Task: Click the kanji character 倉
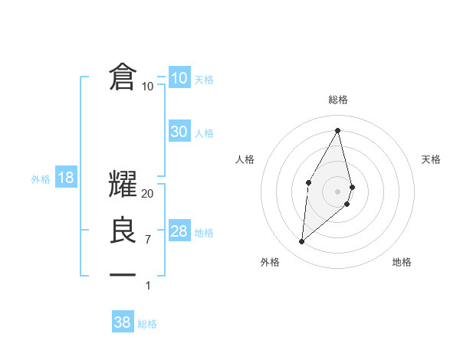coord(123,78)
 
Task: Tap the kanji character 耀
coord(123,185)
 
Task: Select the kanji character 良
coord(123,231)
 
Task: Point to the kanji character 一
coord(123,274)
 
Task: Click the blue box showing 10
coord(179,78)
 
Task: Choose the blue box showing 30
coord(179,132)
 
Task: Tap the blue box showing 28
coord(179,231)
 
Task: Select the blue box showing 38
coord(123,322)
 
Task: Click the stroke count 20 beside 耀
coord(148,194)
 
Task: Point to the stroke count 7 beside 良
coord(148,240)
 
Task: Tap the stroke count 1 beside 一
coord(148,286)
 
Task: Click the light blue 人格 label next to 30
coord(204,133)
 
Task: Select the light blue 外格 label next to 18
coord(41,179)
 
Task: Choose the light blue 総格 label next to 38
coord(147,324)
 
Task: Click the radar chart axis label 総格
coord(338,100)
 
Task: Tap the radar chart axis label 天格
coord(432,159)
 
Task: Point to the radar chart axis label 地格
coord(402,263)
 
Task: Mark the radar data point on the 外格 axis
coord(301,242)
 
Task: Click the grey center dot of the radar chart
coord(338,190)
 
